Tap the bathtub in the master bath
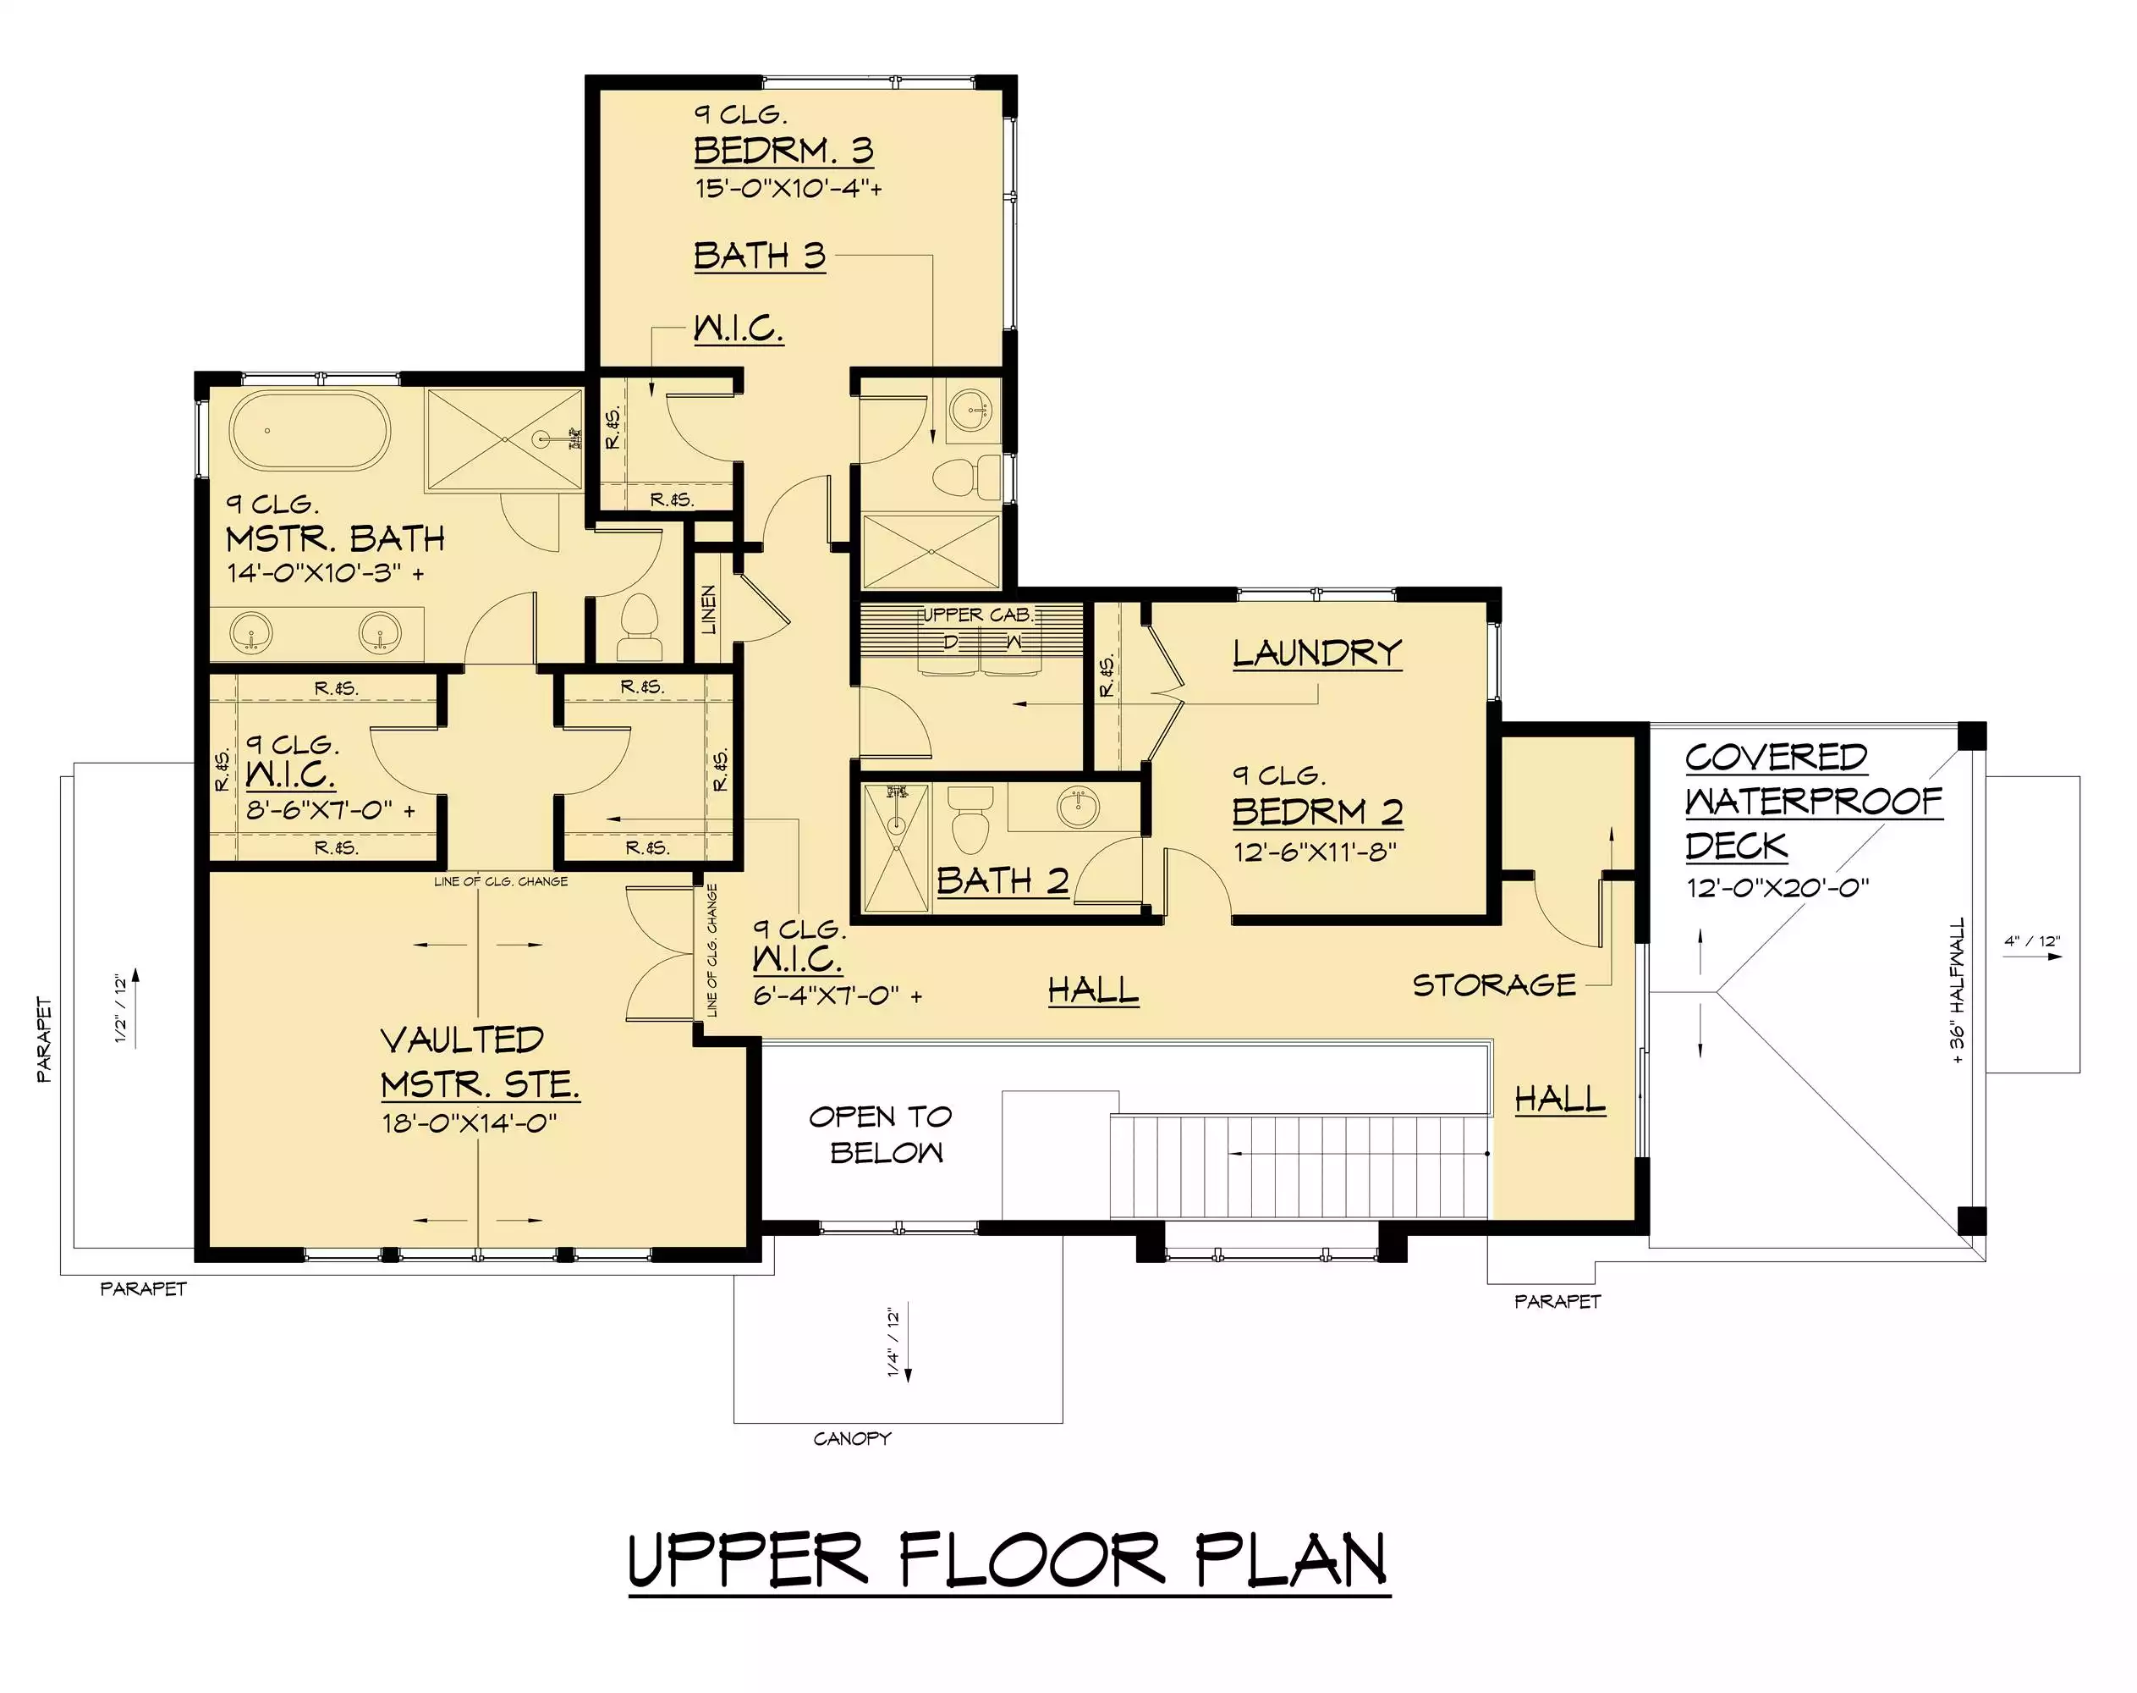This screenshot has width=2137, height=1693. (x=310, y=431)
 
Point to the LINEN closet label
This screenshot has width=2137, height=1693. (x=708, y=609)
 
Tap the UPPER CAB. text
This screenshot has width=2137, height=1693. (x=978, y=615)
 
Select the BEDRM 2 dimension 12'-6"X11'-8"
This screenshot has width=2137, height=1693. (x=1315, y=852)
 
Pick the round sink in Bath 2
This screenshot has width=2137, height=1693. (x=1078, y=807)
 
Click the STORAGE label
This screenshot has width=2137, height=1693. (x=1493, y=985)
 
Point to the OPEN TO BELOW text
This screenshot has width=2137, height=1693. (x=881, y=1135)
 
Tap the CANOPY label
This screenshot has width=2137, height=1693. (x=852, y=1438)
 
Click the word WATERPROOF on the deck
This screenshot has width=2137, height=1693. (x=1814, y=801)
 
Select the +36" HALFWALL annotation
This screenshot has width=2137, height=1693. (x=1957, y=991)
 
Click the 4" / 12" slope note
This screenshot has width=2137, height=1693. (x=2033, y=940)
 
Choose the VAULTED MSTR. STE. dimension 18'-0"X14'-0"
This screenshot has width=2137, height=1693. (x=470, y=1123)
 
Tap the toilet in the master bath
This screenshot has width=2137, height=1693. (x=638, y=627)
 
